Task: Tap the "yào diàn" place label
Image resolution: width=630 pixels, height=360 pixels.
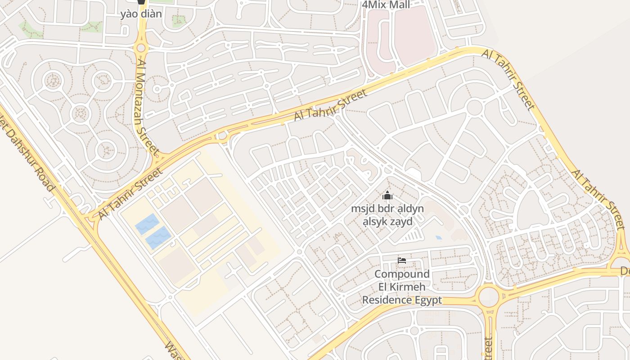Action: click(x=141, y=13)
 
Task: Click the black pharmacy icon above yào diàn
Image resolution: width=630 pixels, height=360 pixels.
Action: click(x=141, y=1)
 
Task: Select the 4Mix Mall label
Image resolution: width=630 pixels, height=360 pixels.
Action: click(x=386, y=5)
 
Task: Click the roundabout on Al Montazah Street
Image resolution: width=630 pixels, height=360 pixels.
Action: click(x=141, y=48)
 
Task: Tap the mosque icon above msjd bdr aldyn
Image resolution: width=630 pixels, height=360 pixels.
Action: click(x=387, y=196)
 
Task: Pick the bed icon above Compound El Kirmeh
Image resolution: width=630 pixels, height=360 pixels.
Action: click(x=401, y=260)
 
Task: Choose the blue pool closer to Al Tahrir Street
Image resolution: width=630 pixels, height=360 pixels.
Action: click(x=147, y=224)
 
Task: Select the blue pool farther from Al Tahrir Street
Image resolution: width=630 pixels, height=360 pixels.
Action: click(x=157, y=238)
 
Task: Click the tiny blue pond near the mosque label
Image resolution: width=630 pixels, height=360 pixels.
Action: click(x=439, y=237)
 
